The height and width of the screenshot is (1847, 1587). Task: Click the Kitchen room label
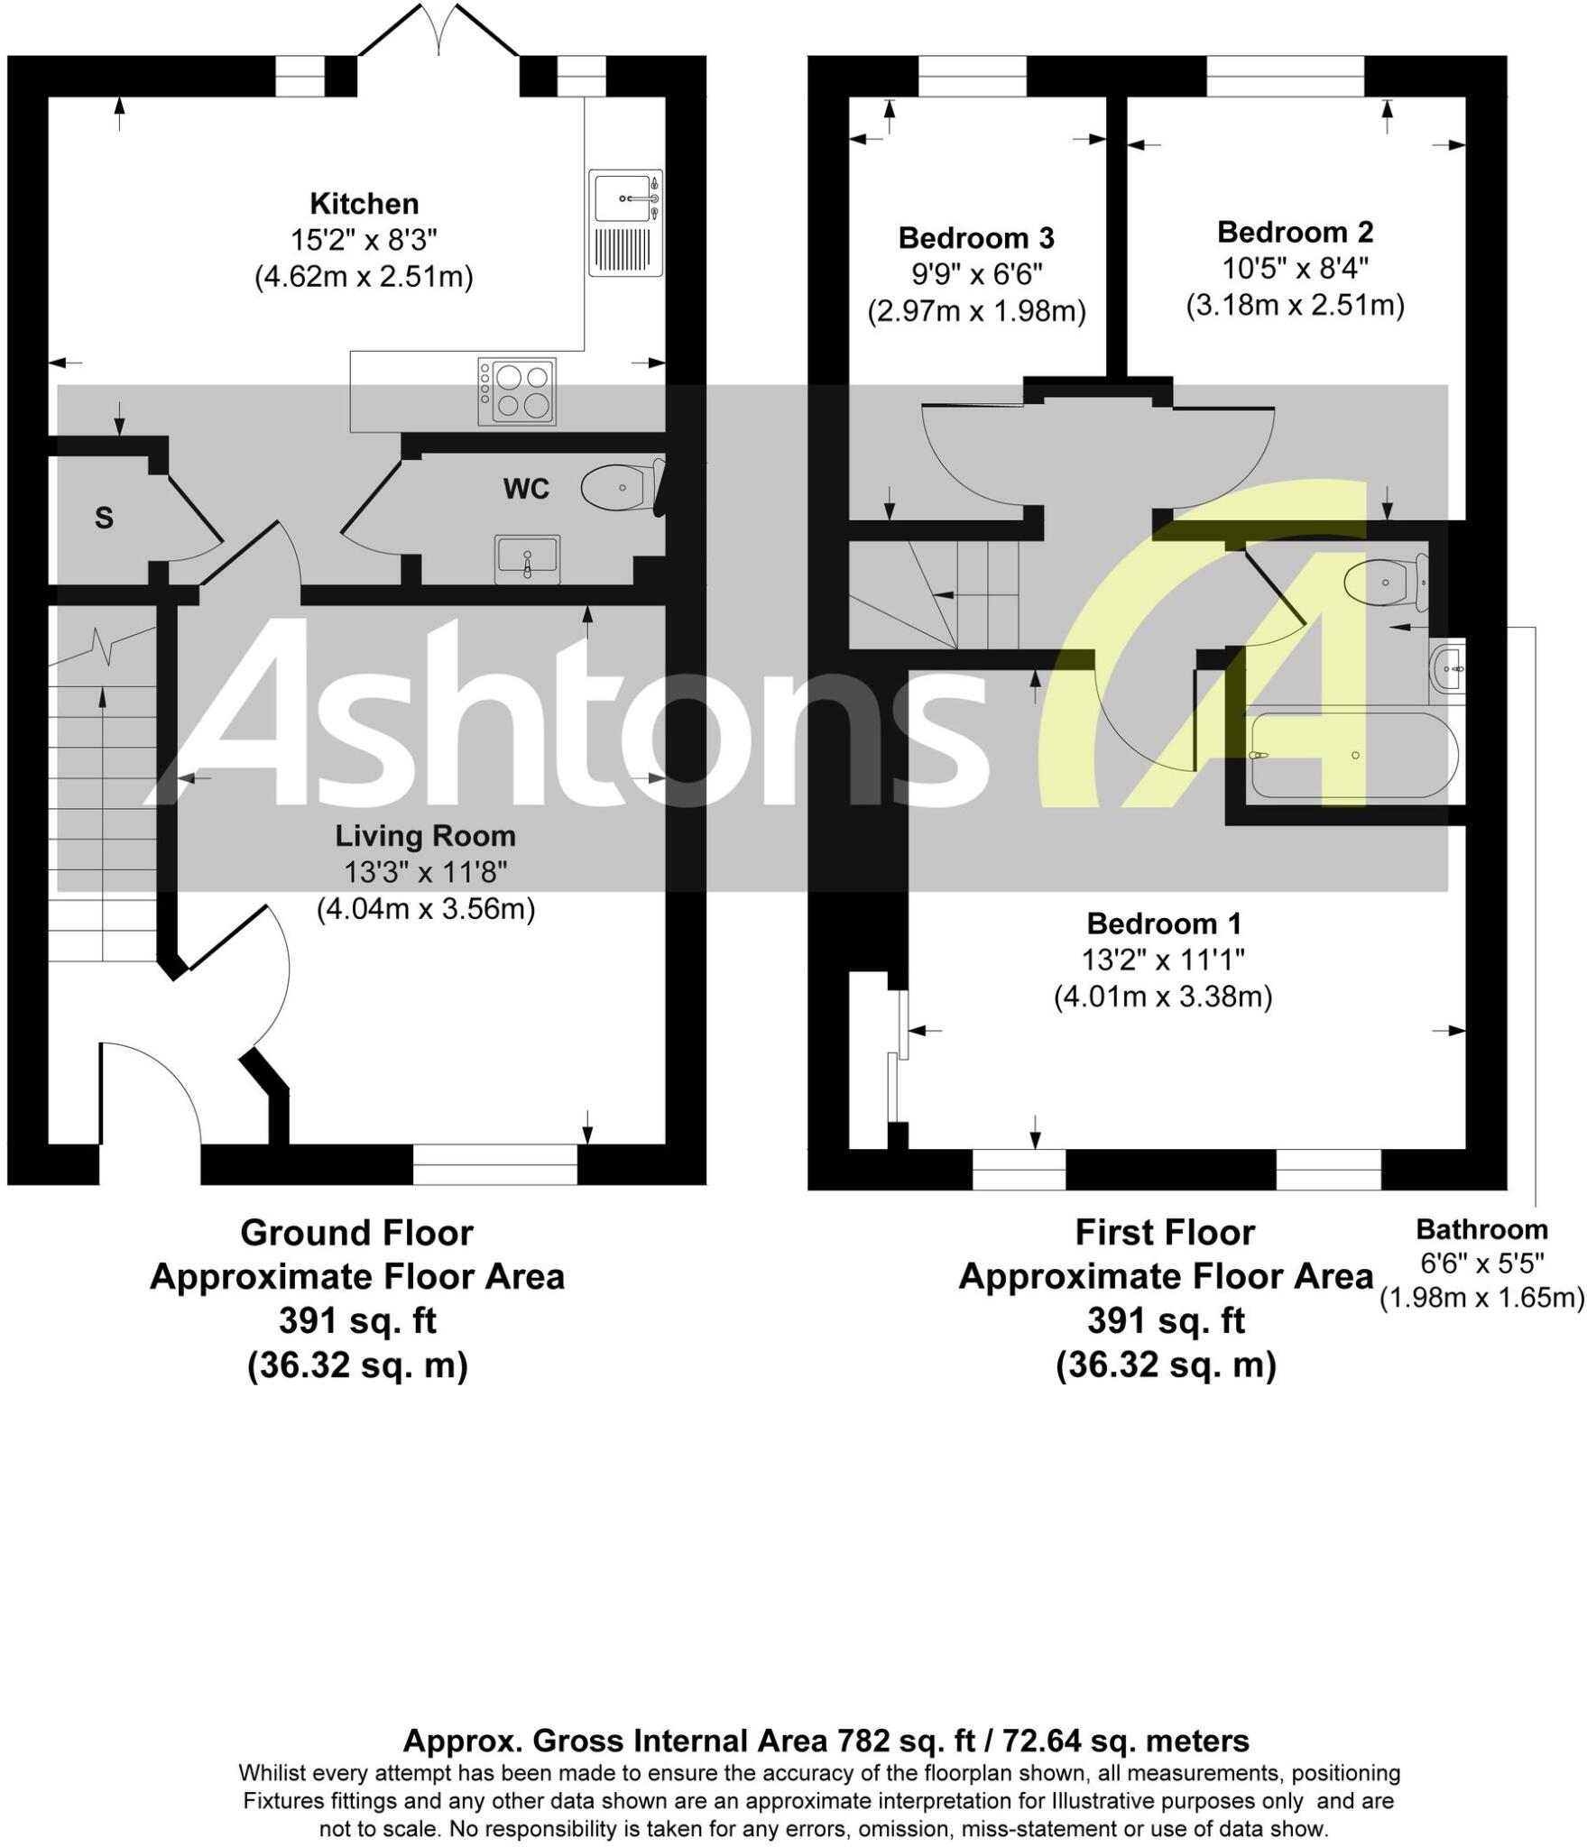(x=364, y=204)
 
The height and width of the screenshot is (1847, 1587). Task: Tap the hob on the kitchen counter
(x=517, y=391)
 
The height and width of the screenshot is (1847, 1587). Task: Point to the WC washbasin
(x=527, y=559)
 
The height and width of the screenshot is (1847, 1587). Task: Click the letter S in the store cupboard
(x=104, y=519)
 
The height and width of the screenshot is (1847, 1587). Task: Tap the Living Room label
(x=425, y=836)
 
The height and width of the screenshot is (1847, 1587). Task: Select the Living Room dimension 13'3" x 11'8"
(x=425, y=872)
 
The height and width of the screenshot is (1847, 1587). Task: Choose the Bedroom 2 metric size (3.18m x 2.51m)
(x=1295, y=306)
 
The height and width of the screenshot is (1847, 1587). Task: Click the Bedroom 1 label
(x=1163, y=923)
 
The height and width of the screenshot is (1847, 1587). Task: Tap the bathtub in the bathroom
(x=1351, y=755)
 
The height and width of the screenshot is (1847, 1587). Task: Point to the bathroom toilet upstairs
(x=1384, y=582)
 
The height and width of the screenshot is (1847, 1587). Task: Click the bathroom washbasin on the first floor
(x=1447, y=669)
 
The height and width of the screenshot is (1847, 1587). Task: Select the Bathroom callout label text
(x=1481, y=1229)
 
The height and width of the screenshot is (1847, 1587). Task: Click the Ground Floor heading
(x=356, y=1233)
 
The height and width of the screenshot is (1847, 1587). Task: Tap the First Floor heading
(x=1165, y=1233)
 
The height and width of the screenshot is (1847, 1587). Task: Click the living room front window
(x=494, y=1164)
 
